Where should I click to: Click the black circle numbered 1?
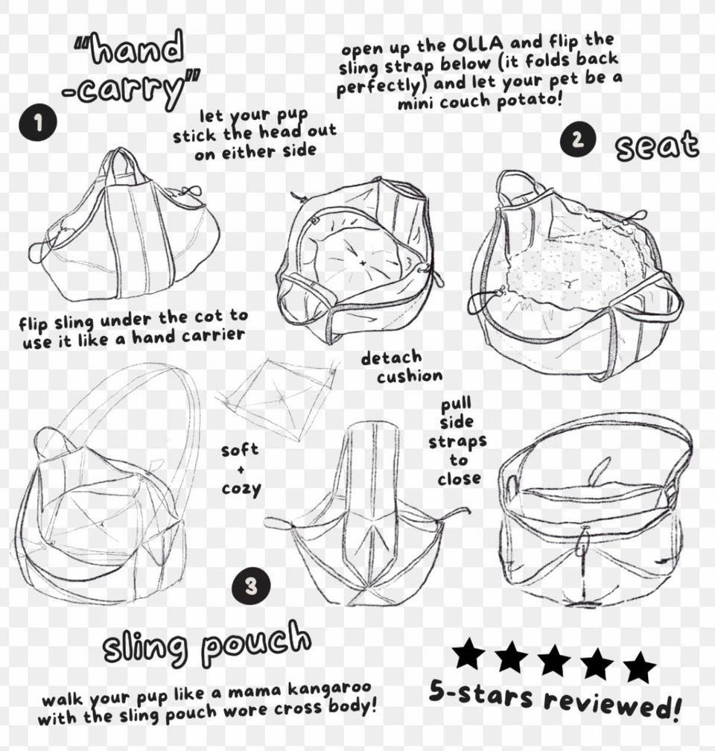(38, 123)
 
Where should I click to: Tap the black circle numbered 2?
(578, 139)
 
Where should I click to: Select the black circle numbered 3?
(251, 586)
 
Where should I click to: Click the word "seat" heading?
(657, 145)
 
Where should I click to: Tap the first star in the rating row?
(468, 653)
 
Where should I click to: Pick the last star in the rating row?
(639, 665)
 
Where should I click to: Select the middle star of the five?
(554, 659)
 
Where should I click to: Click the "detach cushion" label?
(401, 367)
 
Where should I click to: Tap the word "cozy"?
(241, 489)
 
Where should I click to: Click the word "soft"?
(240, 450)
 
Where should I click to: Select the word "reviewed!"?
(612, 703)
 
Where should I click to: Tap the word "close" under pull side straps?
(459, 478)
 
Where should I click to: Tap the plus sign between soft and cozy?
(241, 470)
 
